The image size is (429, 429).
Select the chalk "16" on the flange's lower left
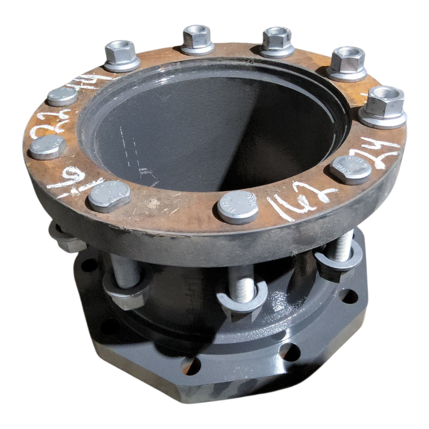click(67, 178)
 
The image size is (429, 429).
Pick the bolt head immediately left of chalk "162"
click(238, 207)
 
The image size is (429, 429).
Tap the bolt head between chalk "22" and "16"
click(47, 147)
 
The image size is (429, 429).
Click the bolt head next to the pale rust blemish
click(109, 196)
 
